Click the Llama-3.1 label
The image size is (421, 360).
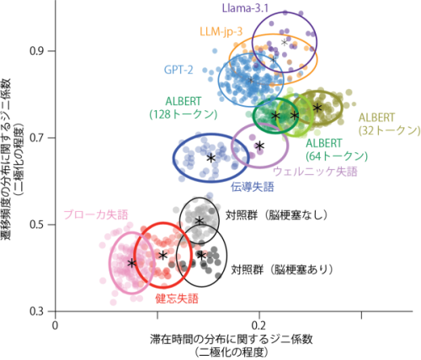(245, 8)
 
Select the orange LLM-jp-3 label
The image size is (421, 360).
(221, 31)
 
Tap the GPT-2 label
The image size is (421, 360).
(179, 70)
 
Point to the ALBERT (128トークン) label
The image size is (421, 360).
(184, 108)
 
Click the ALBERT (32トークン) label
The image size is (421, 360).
(389, 124)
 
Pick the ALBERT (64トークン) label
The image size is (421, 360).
(337, 150)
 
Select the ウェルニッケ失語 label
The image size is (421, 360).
(315, 172)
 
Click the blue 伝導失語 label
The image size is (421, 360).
(253, 187)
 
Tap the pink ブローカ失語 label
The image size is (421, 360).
(96, 214)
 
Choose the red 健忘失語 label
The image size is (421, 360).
(177, 299)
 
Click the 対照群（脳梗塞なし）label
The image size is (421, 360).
(277, 215)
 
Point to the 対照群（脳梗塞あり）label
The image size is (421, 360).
(282, 269)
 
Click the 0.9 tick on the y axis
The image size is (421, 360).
(38, 51)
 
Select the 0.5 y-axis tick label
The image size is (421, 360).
(38, 225)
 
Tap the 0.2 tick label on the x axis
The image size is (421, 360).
(258, 326)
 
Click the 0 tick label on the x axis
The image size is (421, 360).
(56, 326)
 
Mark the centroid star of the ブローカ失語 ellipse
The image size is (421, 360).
(131, 263)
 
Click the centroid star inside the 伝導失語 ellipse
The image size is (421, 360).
(211, 158)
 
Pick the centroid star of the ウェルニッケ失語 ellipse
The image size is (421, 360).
(260, 146)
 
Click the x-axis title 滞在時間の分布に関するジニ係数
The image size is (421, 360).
(232, 339)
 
